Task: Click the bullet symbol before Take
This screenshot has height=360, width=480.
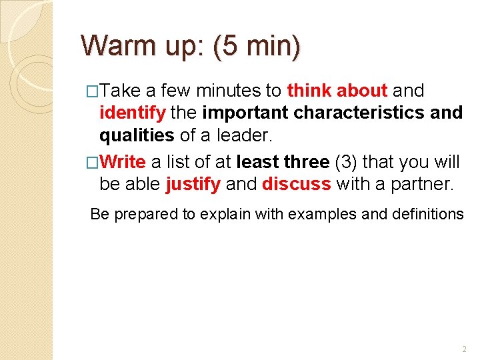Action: pos(93,91)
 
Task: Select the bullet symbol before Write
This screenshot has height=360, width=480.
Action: pos(93,162)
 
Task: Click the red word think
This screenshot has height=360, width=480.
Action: pos(310,90)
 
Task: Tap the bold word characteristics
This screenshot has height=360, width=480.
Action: pos(359,113)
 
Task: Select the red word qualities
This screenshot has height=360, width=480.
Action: pos(137,135)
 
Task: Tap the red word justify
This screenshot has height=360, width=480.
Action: pos(193,184)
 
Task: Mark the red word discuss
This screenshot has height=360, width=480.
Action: pos(296,184)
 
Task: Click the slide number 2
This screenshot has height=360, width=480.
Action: pos(464,349)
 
